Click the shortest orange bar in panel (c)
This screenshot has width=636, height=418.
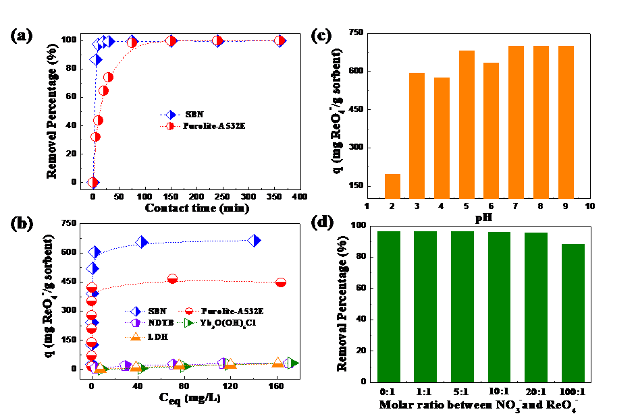(392, 187)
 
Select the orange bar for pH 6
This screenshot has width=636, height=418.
(492, 131)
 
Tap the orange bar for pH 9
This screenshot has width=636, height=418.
(566, 122)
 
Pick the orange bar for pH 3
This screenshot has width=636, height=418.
(417, 136)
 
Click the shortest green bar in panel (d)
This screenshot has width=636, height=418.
(573, 313)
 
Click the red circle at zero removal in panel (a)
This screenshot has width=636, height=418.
(93, 182)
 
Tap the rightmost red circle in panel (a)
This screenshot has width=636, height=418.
(280, 41)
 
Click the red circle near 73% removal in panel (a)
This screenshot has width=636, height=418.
(108, 77)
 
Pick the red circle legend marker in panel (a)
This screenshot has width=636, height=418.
(171, 126)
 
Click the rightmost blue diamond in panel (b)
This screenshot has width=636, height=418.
(255, 241)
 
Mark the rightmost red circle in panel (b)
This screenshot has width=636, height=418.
(281, 282)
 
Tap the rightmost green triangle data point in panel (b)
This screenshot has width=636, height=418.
(291, 363)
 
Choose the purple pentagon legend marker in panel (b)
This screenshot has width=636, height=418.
(135, 323)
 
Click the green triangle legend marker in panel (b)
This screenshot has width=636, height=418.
(190, 323)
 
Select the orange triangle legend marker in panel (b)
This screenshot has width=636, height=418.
(135, 336)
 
